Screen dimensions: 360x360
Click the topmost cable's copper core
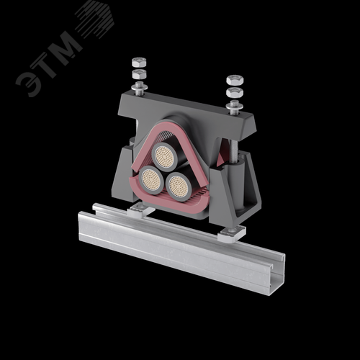(x=164, y=156)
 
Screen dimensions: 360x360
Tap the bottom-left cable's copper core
(x=150, y=179)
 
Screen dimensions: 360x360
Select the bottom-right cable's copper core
(x=178, y=187)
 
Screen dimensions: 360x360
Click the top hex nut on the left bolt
(x=139, y=62)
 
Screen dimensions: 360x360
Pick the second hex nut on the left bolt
(x=139, y=74)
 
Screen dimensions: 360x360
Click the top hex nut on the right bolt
(x=235, y=80)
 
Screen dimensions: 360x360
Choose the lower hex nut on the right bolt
(x=235, y=92)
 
